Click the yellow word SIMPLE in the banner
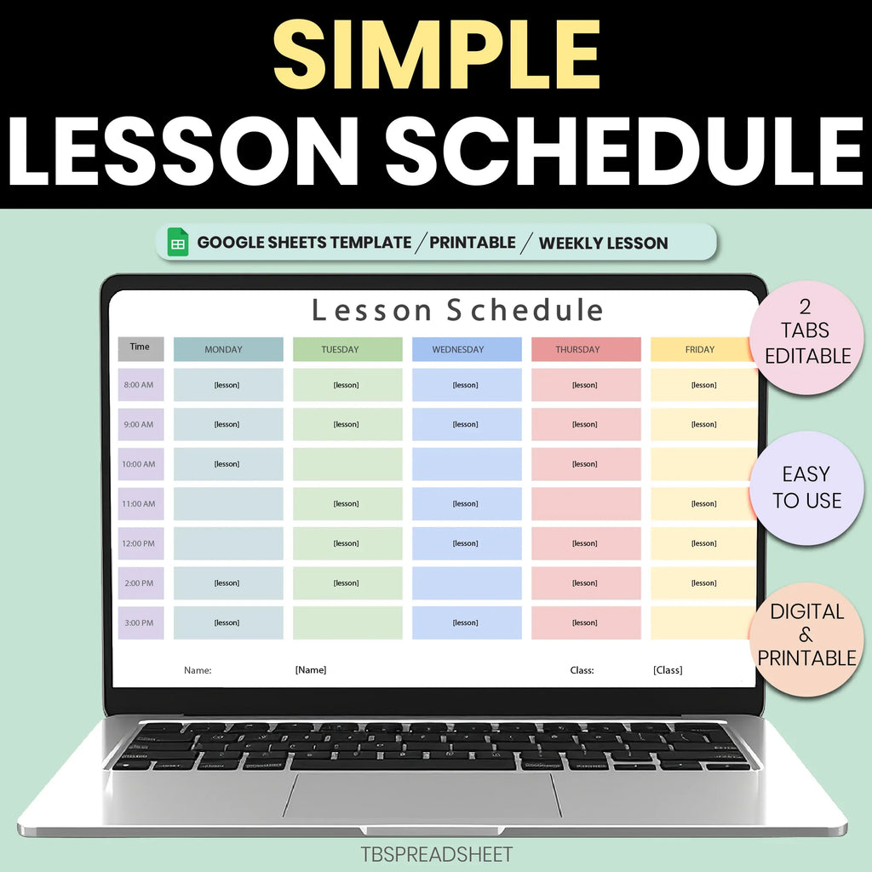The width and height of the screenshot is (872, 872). coord(436,53)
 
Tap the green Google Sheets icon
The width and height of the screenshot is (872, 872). coord(178,243)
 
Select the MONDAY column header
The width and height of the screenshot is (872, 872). coord(228,349)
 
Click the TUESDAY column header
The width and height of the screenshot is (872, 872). coord(347,349)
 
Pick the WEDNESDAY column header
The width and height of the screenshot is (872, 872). coord(467,349)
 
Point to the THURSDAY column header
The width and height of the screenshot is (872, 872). coord(586,349)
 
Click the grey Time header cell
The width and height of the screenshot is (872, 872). coord(141,347)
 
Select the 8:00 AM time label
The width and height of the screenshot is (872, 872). coord(141,385)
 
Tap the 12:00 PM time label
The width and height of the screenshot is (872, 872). coord(141,543)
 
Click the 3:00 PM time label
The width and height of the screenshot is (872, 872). coord(141,622)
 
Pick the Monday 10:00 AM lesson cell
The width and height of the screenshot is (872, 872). coord(228,464)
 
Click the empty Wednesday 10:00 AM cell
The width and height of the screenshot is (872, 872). coord(467,464)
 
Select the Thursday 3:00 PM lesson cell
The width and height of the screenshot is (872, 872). coord(586,622)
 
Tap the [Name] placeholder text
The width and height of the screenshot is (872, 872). coord(311,670)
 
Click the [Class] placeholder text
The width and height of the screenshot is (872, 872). coord(668,670)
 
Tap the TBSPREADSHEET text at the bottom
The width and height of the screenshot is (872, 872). coord(436,853)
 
